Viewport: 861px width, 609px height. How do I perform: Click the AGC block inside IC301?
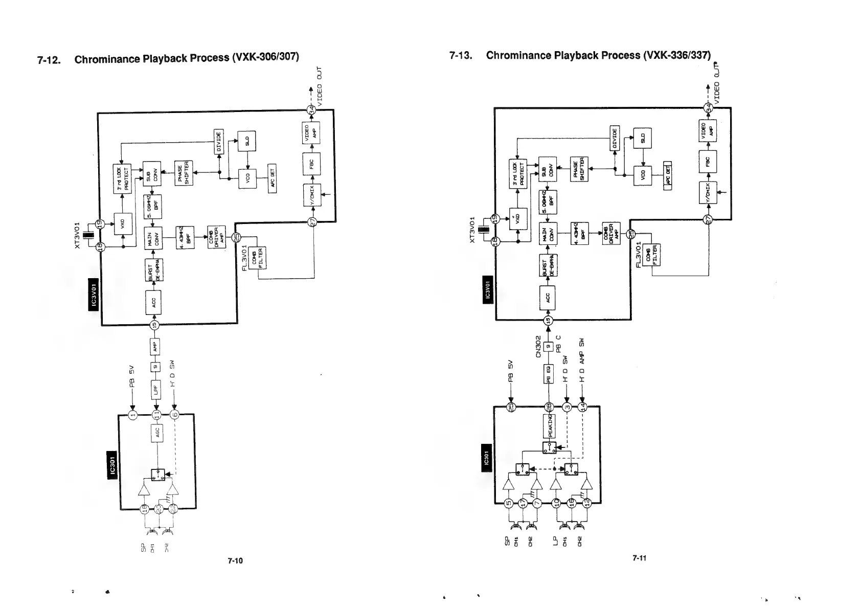point(156,433)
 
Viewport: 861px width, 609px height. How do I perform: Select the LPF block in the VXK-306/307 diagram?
point(156,390)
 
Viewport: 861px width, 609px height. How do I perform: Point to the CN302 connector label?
point(538,348)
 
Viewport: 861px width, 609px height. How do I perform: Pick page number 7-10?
point(235,560)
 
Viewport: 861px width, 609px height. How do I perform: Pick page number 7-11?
point(639,558)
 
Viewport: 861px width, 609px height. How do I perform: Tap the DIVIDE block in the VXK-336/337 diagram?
point(615,138)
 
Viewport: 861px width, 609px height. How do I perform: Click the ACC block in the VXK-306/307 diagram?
point(154,302)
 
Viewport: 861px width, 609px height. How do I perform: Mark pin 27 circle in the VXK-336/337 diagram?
point(708,219)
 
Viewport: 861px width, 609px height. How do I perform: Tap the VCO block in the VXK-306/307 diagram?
point(246,179)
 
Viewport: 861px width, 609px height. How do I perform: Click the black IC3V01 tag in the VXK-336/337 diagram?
point(488,290)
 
